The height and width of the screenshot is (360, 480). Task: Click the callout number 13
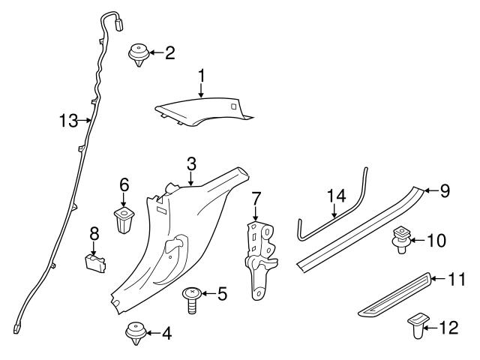(x=69, y=121)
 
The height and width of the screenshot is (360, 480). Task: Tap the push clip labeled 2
(x=139, y=55)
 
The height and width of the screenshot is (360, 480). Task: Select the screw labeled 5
(x=192, y=300)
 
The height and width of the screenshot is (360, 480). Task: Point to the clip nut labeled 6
(x=124, y=220)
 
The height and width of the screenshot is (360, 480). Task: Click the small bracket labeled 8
(x=95, y=263)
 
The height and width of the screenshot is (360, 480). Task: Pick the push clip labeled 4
(x=136, y=333)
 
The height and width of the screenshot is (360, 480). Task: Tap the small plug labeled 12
(x=418, y=325)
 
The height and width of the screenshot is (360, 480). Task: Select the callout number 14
(x=337, y=196)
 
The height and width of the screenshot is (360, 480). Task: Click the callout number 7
(x=256, y=199)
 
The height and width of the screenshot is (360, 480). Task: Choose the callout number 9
(x=445, y=190)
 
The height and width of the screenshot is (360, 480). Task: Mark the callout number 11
(x=457, y=279)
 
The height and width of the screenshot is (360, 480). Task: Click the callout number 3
(x=191, y=164)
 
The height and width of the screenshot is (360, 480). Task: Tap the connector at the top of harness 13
(x=119, y=25)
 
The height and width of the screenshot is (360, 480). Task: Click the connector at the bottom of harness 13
(x=16, y=329)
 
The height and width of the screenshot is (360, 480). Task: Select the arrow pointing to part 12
(x=430, y=328)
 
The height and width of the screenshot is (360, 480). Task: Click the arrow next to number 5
(x=209, y=293)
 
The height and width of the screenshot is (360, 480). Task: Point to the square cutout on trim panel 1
(x=233, y=106)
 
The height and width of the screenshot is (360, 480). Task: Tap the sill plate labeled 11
(x=395, y=295)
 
